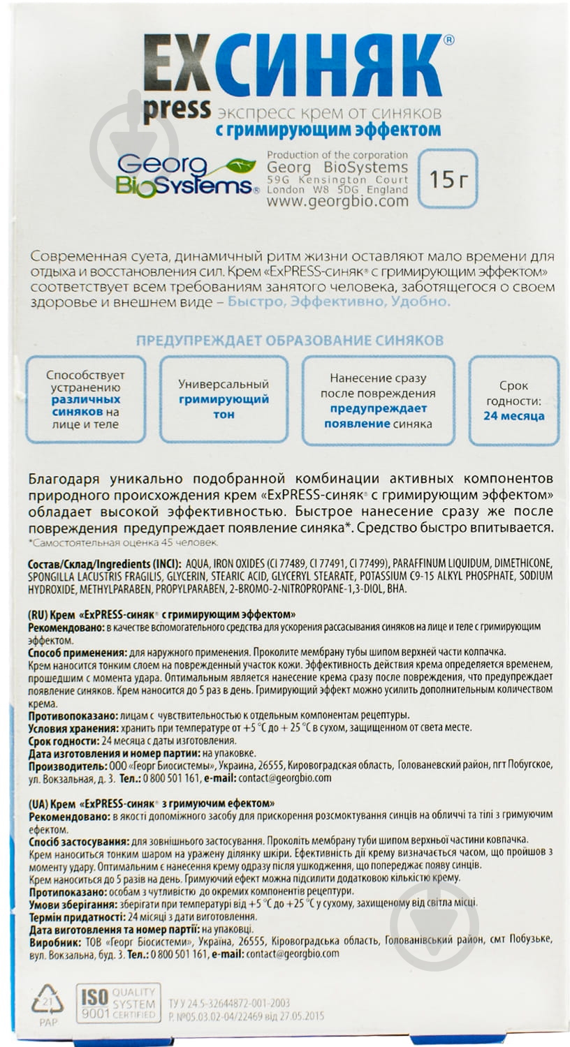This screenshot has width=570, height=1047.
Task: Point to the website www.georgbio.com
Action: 337,201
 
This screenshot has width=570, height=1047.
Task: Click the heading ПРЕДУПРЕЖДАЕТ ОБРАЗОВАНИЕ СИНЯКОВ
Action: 289,341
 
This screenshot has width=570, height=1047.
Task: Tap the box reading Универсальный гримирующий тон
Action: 224,399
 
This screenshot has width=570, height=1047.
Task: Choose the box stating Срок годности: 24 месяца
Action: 513,401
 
